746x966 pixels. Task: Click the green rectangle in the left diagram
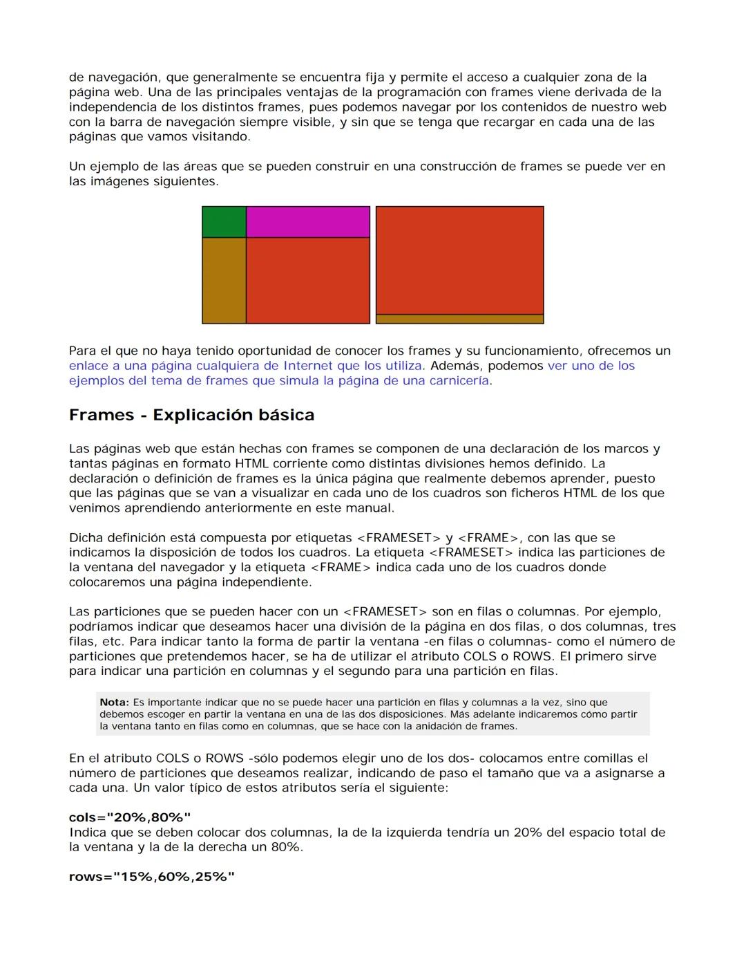[x=224, y=222]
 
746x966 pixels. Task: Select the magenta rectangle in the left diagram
[x=308, y=222]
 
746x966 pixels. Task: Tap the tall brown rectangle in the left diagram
[x=224, y=280]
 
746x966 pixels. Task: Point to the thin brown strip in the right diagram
[x=459, y=319]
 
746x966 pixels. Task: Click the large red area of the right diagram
[x=459, y=260]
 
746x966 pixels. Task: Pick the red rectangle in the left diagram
[x=308, y=280]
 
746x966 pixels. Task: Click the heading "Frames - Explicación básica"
[x=191, y=415]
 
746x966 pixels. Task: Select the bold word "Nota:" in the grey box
[x=114, y=703]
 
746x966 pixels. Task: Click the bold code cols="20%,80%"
[x=130, y=817]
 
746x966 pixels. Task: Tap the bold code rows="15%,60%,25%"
[x=152, y=877]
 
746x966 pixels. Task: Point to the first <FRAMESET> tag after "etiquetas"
[x=398, y=538]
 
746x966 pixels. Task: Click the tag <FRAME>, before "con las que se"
[x=488, y=538]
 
